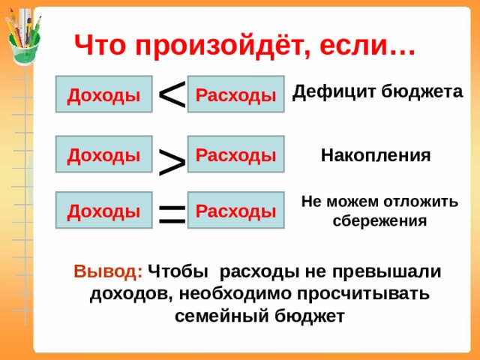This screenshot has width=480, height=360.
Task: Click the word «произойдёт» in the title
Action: (219, 46)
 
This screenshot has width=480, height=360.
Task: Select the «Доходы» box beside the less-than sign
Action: (104, 94)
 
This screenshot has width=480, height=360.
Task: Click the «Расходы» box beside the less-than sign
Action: (236, 94)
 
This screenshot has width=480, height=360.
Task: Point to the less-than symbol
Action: (172, 94)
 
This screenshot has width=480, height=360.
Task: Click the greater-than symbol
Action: (172, 162)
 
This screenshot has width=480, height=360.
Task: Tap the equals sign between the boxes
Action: (172, 213)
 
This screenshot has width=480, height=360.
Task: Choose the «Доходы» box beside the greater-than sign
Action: (104, 154)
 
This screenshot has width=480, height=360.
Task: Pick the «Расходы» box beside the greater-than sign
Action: (236, 154)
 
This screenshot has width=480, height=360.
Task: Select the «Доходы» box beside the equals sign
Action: (104, 210)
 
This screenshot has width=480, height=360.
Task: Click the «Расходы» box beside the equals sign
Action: (236, 210)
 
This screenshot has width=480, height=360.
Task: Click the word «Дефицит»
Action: (334, 91)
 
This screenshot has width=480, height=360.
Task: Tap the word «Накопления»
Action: (376, 155)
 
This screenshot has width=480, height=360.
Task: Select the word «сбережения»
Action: (379, 220)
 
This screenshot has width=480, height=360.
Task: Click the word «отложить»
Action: (421, 202)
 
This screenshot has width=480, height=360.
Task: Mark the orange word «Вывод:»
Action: (108, 271)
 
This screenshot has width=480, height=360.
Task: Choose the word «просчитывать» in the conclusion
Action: (363, 295)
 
